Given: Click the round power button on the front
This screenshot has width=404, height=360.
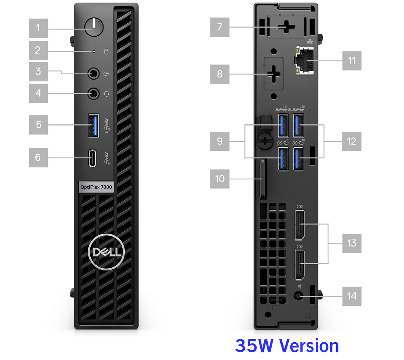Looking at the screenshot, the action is click(94, 27).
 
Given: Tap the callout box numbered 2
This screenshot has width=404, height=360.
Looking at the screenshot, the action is click(38, 50).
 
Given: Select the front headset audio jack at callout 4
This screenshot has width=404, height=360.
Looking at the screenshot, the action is click(93, 93).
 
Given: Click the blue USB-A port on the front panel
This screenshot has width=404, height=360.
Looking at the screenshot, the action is click(94, 126).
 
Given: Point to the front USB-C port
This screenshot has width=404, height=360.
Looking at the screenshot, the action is click(92, 158).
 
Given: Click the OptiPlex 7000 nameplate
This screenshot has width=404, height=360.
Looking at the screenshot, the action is click(96, 187).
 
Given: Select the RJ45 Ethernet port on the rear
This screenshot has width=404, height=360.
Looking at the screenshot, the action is click(305, 61).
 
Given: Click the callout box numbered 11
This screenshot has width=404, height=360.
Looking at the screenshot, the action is click(352, 61).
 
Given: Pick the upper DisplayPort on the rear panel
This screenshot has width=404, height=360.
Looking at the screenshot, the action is click(300, 225).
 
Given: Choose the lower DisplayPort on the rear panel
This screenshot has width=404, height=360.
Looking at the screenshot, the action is click(300, 265).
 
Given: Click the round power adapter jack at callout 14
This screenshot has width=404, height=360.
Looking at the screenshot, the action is click(298, 296).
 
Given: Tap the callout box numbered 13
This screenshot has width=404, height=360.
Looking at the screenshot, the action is click(352, 243).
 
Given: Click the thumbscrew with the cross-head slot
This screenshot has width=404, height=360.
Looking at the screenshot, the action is click(265, 141).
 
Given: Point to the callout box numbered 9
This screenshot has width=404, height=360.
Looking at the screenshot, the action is click(220, 141).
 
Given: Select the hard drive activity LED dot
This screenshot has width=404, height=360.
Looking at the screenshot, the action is click(94, 51).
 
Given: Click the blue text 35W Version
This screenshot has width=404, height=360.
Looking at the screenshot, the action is click(287, 346).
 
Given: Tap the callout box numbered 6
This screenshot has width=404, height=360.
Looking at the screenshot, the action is click(38, 158).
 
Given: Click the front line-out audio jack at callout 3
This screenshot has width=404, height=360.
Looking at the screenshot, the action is click(93, 73).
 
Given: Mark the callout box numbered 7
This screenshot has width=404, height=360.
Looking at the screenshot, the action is click(220, 27).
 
